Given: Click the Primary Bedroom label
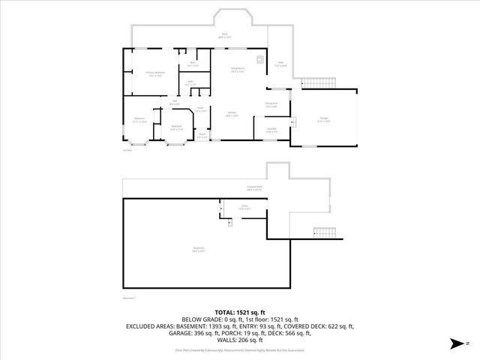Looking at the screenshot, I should point(155,74).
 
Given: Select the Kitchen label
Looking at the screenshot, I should point(232,115).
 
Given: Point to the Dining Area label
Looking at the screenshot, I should point(271,104).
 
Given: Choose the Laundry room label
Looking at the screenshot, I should point(271,130).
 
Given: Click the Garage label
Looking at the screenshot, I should point(324,119).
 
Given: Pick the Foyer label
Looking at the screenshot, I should point(200,109).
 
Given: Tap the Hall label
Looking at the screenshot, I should point(174,102).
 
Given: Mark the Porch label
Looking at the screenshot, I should point(202,136).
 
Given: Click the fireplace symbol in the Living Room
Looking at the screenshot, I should point(259,60).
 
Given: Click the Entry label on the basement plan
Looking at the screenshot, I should point(244,206).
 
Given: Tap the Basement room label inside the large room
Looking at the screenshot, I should point(198,249).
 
